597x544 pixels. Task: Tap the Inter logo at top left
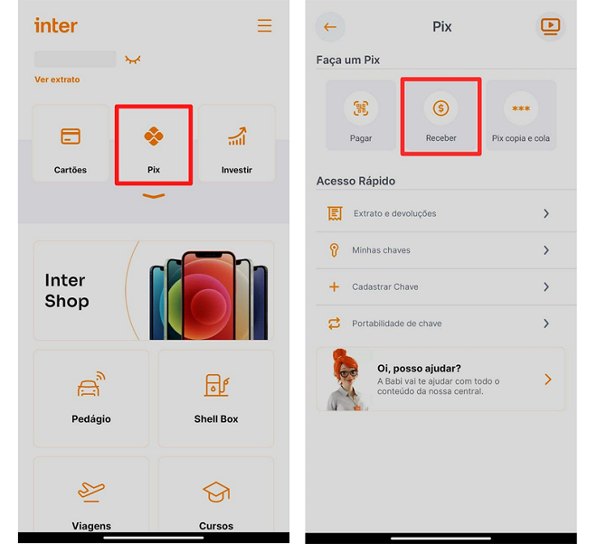point(56,25)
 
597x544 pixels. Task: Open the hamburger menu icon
point(264,25)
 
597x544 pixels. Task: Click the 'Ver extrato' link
point(57,80)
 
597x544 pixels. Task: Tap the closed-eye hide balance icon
point(133,60)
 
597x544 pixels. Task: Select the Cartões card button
point(71,145)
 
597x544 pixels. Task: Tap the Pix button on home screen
point(153,145)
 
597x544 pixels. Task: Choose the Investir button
point(236,145)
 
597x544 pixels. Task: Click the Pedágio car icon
point(90,386)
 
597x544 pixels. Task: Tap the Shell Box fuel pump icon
point(216,386)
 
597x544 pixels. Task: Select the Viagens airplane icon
point(90,492)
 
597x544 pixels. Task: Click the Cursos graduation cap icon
point(216,492)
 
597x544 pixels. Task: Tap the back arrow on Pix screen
point(330,27)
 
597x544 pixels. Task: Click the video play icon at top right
point(550,26)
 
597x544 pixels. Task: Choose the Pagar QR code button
point(360,110)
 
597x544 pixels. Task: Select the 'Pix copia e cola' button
point(520,110)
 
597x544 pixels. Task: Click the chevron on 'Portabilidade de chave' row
point(546,324)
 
